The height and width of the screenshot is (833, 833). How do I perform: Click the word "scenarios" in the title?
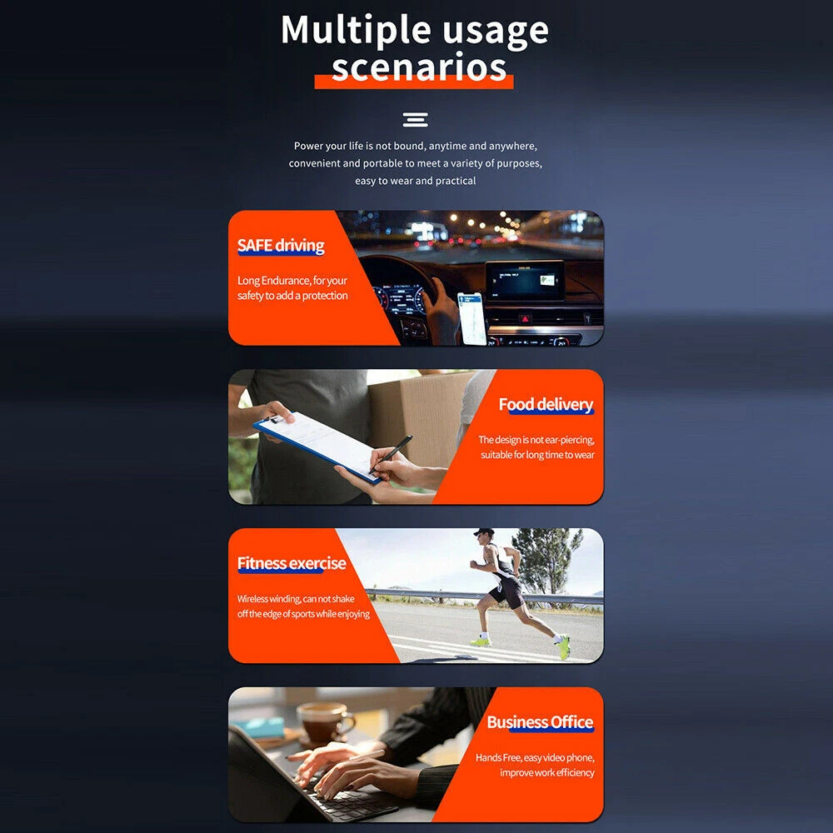419,67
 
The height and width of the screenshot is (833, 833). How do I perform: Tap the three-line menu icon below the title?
416,119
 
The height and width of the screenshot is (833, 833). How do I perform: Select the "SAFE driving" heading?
281,246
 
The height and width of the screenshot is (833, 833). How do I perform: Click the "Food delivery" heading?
546,404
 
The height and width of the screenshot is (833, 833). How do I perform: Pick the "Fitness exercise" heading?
292,563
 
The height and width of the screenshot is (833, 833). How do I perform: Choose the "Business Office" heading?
540,722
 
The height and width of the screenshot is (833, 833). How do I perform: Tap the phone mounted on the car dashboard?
471,318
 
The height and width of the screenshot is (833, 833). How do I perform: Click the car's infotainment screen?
525,282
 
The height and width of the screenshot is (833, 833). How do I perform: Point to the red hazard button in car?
525,319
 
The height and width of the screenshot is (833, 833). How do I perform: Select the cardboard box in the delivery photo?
420,420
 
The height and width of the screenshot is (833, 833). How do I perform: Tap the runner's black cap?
483,532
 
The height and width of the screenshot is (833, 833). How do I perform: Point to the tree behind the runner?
546,561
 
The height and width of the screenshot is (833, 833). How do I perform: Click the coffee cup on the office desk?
324,721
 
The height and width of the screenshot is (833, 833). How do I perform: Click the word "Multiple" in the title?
356,30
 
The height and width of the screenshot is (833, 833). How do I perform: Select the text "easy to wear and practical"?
416,181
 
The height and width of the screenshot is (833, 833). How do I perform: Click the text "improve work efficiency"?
546,772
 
